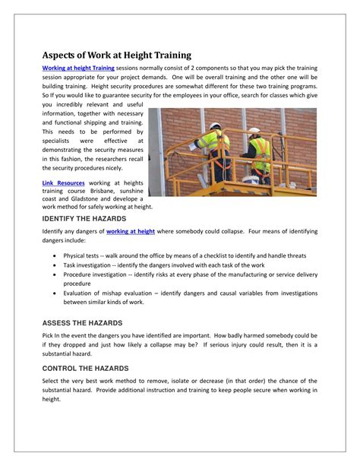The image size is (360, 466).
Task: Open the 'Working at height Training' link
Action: pos(78,68)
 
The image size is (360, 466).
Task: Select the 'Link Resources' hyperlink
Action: pos(63,183)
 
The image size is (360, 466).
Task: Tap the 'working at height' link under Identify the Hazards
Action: pos(131,230)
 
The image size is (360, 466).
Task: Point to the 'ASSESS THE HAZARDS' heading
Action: pos(77,322)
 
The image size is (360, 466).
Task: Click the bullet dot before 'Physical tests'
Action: pos(55,256)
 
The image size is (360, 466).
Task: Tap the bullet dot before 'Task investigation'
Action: pos(55,267)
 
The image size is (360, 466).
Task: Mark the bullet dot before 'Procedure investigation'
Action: pos(55,277)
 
